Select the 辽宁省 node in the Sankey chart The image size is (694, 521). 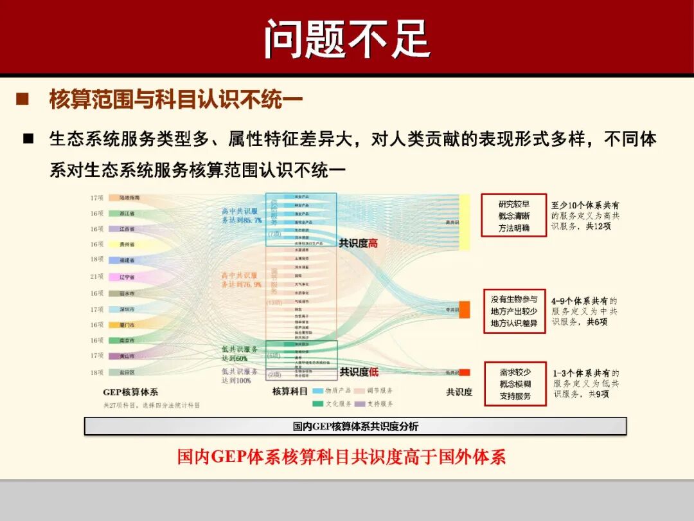pyautogui.click(x=127, y=277)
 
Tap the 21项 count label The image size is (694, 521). pyautogui.click(x=96, y=277)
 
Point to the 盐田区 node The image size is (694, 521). pyautogui.click(x=127, y=372)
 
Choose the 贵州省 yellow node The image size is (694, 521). pyautogui.click(x=127, y=244)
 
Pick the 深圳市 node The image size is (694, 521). pyautogui.click(x=127, y=309)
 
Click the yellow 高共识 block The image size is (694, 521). pyautogui.click(x=464, y=222)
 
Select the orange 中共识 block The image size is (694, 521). pyautogui.click(x=464, y=307)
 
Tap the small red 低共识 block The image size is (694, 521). pyautogui.click(x=465, y=372)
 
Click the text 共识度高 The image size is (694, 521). pyautogui.click(x=359, y=243)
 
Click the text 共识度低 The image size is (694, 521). pyautogui.click(x=359, y=372)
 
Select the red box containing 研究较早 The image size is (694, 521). pyautogui.click(x=513, y=215)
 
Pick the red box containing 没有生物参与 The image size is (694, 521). pyautogui.click(x=513, y=311)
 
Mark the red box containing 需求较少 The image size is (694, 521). pyautogui.click(x=514, y=384)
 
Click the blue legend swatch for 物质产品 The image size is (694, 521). pyautogui.click(x=318, y=390)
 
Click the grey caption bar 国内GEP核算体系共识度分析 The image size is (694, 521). pyautogui.click(x=355, y=426)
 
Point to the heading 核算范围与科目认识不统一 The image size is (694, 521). pyautogui.click(x=175, y=100)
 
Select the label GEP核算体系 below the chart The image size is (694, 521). pyautogui.click(x=130, y=392)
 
